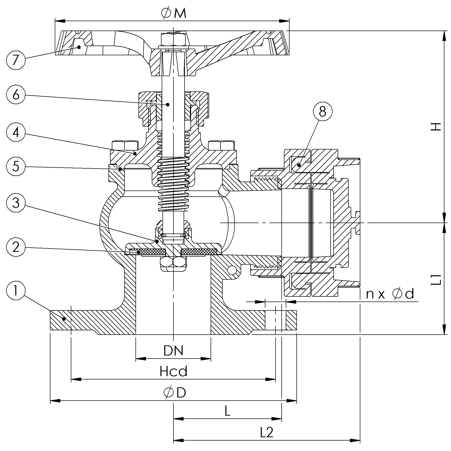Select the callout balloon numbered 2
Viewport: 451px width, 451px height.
(x=16, y=247)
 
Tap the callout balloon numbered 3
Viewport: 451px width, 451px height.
(x=16, y=203)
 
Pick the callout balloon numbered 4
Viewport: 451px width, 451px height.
(x=16, y=132)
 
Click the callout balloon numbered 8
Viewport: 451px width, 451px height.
(x=323, y=111)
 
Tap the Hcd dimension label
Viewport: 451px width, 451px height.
(x=173, y=372)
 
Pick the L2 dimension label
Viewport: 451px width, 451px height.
(x=267, y=432)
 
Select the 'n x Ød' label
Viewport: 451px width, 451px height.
(x=390, y=294)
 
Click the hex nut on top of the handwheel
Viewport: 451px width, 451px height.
(x=173, y=39)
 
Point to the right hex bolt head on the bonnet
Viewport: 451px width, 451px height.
(x=222, y=145)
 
